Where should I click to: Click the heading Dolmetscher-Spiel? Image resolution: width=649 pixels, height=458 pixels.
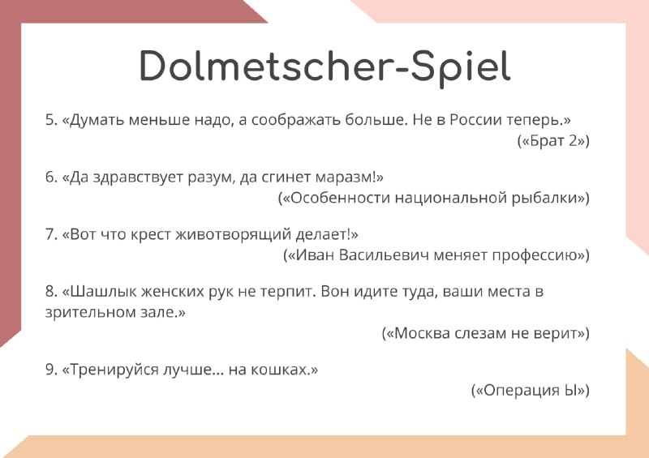325,67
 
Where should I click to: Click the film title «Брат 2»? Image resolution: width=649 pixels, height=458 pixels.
553,141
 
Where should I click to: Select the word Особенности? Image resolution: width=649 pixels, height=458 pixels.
341,198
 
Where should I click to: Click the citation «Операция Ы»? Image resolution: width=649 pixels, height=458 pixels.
531,390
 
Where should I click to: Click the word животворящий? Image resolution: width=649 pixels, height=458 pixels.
234,234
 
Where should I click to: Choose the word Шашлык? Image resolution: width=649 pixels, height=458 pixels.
104,291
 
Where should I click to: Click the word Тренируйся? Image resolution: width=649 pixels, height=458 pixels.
114,370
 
